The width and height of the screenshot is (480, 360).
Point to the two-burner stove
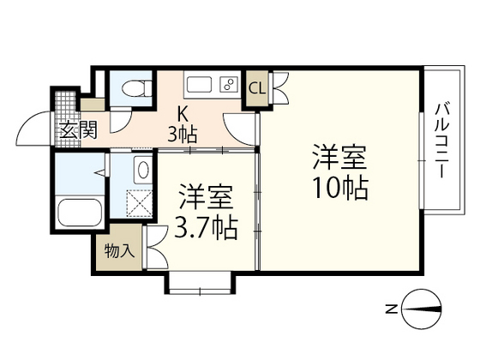point(229,85)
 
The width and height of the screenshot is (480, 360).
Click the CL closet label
point(256,87)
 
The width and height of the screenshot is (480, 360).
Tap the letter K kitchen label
point(183,112)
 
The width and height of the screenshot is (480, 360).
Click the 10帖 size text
point(339,188)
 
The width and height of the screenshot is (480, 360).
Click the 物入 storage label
point(118,251)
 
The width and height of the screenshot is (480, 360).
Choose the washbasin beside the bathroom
point(142,170)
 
